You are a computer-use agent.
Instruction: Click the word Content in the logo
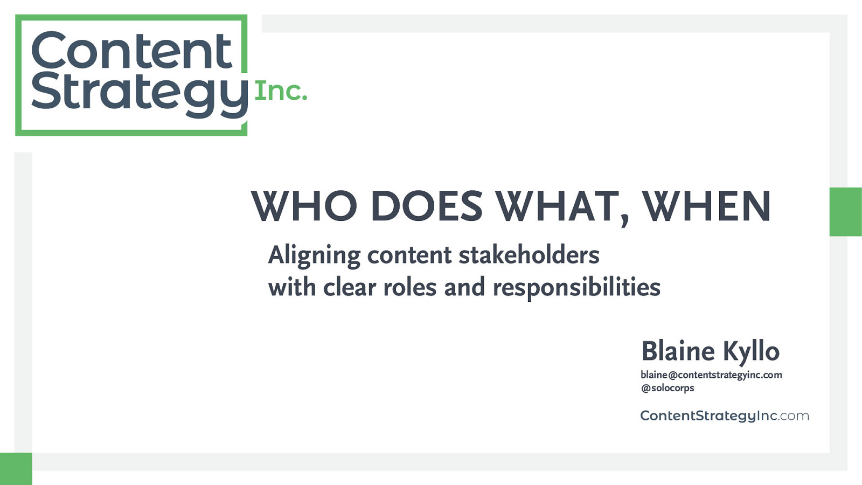[x=131, y=50]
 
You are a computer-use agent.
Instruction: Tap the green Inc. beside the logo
[x=281, y=91]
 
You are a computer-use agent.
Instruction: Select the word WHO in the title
[x=304, y=206]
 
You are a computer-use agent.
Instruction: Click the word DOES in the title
[x=426, y=206]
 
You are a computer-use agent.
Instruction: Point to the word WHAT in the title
[x=557, y=206]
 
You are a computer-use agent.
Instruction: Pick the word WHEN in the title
[x=706, y=206]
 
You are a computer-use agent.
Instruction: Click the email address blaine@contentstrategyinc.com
[x=711, y=375]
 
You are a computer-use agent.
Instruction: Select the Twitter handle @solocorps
[x=668, y=388]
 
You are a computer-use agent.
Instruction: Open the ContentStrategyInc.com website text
[x=725, y=416]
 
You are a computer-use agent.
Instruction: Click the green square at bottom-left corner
[x=16, y=469]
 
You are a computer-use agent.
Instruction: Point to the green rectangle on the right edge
[x=846, y=212]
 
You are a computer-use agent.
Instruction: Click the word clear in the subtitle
[x=350, y=287]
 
